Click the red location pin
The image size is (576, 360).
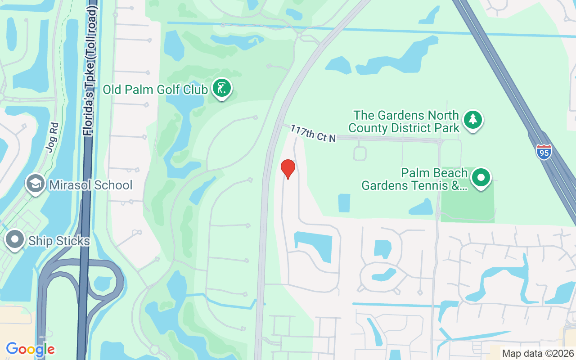pos(288,169)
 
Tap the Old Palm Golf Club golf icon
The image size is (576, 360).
pos(221,88)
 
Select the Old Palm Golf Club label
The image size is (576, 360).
pos(155,89)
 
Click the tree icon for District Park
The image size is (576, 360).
pos(472,120)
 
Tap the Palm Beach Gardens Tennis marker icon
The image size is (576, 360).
pos(481,178)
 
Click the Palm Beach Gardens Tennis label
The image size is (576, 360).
pos(414,180)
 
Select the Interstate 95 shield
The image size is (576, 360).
pos(544,152)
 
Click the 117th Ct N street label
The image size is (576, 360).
pos(313,134)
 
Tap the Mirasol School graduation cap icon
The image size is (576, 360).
pos(35,184)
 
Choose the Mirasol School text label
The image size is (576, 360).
pos(90,185)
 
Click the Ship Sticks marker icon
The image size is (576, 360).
pos(15,240)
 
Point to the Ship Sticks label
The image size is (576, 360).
pos(59,241)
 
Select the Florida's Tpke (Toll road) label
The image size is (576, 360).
pos(90,72)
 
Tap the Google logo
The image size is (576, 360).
pos(30,349)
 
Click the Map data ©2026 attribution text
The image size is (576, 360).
pos(538,353)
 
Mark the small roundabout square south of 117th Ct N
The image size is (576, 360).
pos(360,153)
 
